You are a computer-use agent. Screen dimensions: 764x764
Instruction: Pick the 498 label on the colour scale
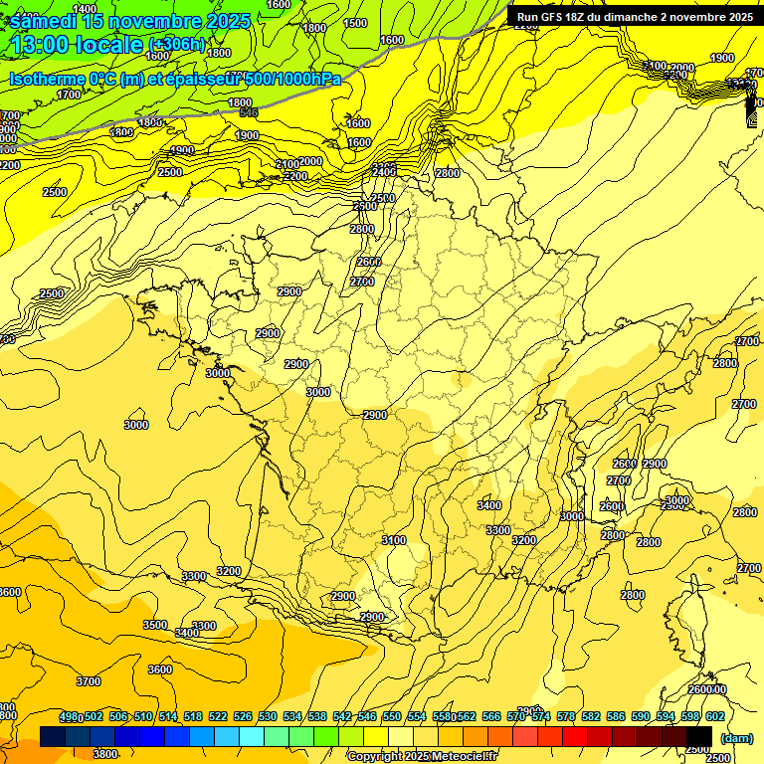[69, 716]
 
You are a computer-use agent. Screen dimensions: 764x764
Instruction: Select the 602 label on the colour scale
[714, 716]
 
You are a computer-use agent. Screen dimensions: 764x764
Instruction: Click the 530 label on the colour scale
[268, 716]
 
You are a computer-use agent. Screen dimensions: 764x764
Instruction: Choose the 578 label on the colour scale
[565, 716]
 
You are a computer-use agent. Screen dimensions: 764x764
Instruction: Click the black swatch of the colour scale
[699, 736]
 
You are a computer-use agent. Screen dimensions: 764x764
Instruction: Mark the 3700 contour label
[89, 681]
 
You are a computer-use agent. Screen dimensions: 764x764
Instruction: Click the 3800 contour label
[105, 754]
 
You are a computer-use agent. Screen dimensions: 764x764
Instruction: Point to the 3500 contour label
[155, 625]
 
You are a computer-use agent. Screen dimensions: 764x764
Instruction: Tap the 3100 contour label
[394, 540]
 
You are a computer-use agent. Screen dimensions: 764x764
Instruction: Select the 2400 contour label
[384, 171]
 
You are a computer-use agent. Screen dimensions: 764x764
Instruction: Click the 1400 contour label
[86, 9]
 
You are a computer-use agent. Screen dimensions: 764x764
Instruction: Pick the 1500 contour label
[354, 23]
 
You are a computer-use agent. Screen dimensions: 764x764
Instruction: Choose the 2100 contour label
[286, 164]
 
